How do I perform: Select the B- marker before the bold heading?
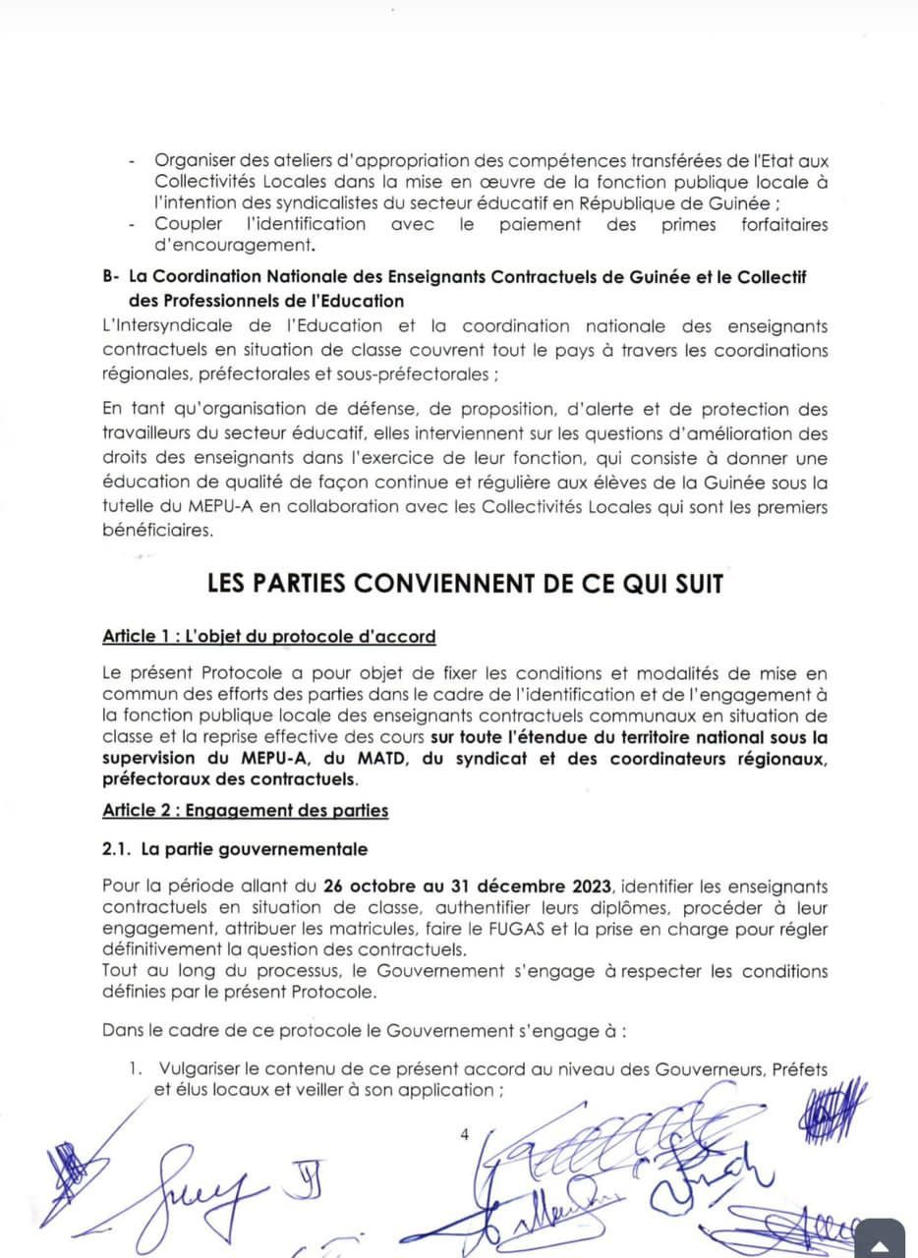pyautogui.click(x=110, y=278)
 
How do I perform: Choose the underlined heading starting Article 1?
pyautogui.click(x=268, y=637)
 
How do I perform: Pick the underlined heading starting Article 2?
pyautogui.click(x=245, y=811)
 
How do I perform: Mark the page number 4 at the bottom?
pyautogui.click(x=464, y=1134)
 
